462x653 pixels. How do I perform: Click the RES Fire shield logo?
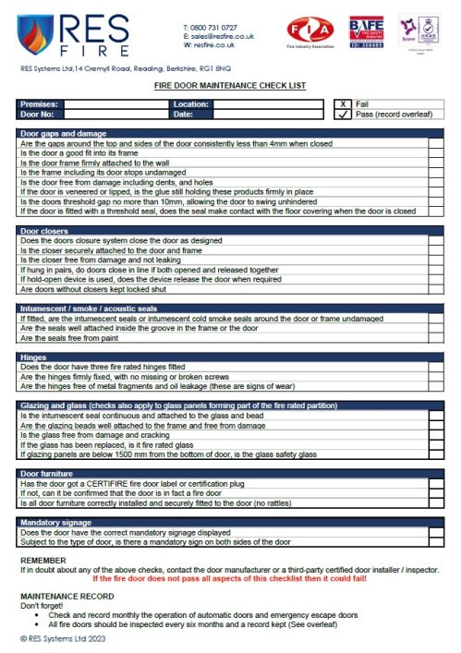click(36, 36)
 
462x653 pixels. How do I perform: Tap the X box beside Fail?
click(343, 104)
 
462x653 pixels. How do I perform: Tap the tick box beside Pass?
click(343, 115)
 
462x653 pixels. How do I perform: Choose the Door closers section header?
click(45, 231)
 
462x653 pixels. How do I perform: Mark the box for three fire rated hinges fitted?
click(436, 368)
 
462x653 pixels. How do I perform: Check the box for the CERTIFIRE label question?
click(436, 483)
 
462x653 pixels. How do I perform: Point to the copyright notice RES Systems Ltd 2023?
click(70, 637)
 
